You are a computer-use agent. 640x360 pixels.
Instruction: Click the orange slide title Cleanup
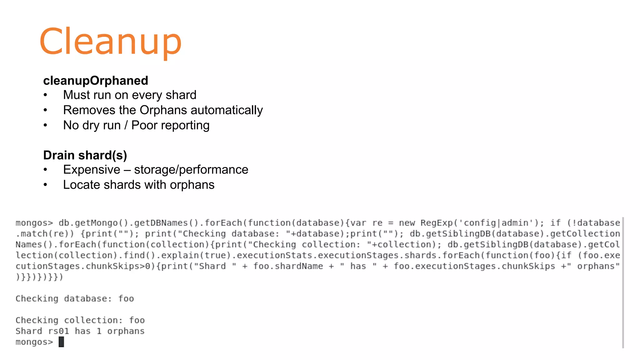point(110,41)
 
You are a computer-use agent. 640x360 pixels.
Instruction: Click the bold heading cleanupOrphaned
point(96,81)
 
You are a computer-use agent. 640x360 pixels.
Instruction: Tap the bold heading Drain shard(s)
point(85,155)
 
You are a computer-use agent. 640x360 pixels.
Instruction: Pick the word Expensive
point(92,170)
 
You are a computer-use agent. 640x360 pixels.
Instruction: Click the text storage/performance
point(191,170)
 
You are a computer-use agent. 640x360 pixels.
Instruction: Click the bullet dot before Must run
point(46,95)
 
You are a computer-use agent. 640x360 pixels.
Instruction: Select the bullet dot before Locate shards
point(46,185)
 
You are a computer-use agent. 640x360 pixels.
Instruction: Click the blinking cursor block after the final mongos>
point(61,342)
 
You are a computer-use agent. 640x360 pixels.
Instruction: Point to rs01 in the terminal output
point(58,331)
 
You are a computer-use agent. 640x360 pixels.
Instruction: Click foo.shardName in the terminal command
point(288,266)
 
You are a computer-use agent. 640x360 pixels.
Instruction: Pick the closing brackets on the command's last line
point(39,277)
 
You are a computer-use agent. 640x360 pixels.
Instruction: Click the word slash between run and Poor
point(126,125)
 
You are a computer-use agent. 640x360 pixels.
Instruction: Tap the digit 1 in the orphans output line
point(99,331)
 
